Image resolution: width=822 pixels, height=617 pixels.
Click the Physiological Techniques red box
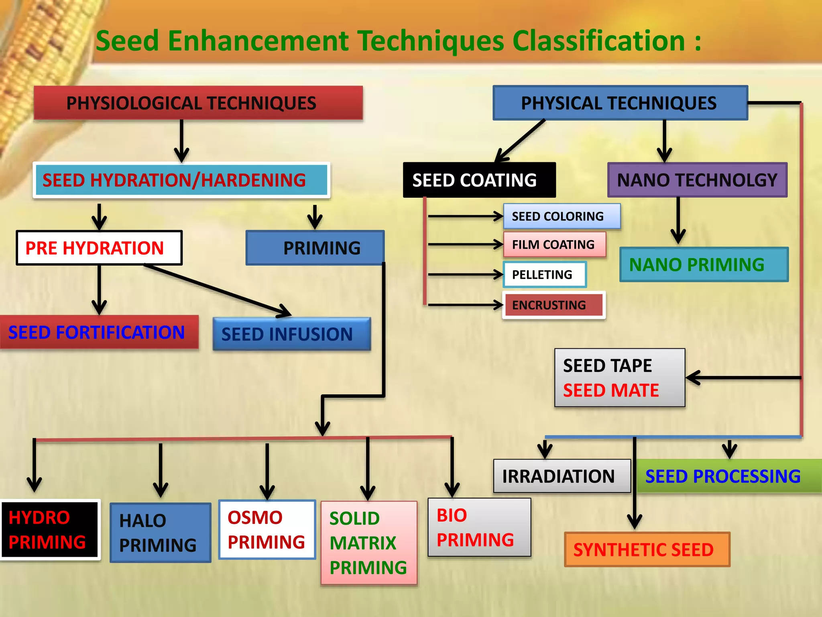coord(198,103)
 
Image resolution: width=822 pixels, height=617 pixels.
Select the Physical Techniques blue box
coord(620,103)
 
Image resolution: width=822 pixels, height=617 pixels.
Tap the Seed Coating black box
coord(479,180)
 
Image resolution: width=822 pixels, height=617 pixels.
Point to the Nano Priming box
coord(704,265)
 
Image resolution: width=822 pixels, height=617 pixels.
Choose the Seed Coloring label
coord(561,217)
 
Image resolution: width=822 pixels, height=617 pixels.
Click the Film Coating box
coord(555,245)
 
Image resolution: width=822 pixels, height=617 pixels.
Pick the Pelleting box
coord(544,275)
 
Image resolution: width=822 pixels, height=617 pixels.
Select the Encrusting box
coord(553,305)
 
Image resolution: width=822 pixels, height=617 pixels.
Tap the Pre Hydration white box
coord(99,248)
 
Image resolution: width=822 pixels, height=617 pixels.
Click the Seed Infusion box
coord(291,334)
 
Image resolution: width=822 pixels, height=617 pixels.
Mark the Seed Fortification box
coord(98,333)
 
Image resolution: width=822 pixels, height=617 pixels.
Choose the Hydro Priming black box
coord(49,530)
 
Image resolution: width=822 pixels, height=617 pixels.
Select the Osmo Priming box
coord(267,530)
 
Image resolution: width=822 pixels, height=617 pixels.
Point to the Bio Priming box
coord(479,527)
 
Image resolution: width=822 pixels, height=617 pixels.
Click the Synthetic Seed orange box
coord(647,550)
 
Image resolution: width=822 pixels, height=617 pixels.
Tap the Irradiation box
coord(561,476)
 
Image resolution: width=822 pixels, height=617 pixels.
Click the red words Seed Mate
coord(610,390)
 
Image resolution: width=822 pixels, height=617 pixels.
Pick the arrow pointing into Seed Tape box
coord(743,378)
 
